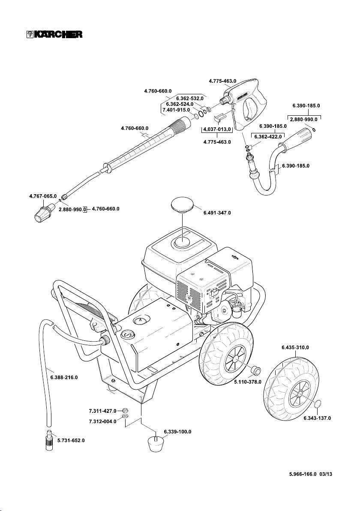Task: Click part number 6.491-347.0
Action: point(217,213)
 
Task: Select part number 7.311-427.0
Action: point(103,410)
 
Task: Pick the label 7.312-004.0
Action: point(103,421)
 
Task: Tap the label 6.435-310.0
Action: point(296,347)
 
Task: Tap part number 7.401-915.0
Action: point(176,110)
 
